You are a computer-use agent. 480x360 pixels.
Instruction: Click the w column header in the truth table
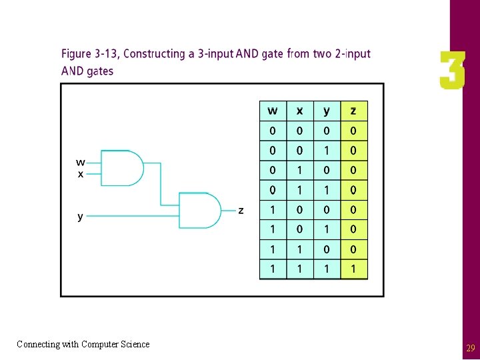click(273, 111)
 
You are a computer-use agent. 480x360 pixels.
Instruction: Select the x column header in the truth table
click(299, 111)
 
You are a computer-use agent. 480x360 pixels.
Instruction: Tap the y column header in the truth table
click(327, 111)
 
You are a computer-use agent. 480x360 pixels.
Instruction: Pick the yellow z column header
click(353, 111)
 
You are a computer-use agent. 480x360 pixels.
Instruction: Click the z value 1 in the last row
click(353, 269)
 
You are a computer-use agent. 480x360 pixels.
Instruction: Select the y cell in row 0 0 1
click(327, 151)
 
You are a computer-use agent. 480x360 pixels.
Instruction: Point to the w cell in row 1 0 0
click(273, 210)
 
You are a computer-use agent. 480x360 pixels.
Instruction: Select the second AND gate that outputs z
click(200, 210)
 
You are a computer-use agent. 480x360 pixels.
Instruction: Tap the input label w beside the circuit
click(80, 161)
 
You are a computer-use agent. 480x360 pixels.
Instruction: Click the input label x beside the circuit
click(81, 174)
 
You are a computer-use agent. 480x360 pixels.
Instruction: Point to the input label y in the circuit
click(81, 217)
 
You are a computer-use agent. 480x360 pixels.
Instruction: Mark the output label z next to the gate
click(241, 211)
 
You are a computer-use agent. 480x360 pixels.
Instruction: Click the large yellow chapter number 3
click(452, 71)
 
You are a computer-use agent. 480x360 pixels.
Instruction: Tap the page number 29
click(470, 348)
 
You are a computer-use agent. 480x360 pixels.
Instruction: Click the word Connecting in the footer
click(37, 344)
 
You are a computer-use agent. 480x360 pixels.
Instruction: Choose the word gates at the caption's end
click(99, 71)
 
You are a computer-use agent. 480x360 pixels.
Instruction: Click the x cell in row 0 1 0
click(299, 171)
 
